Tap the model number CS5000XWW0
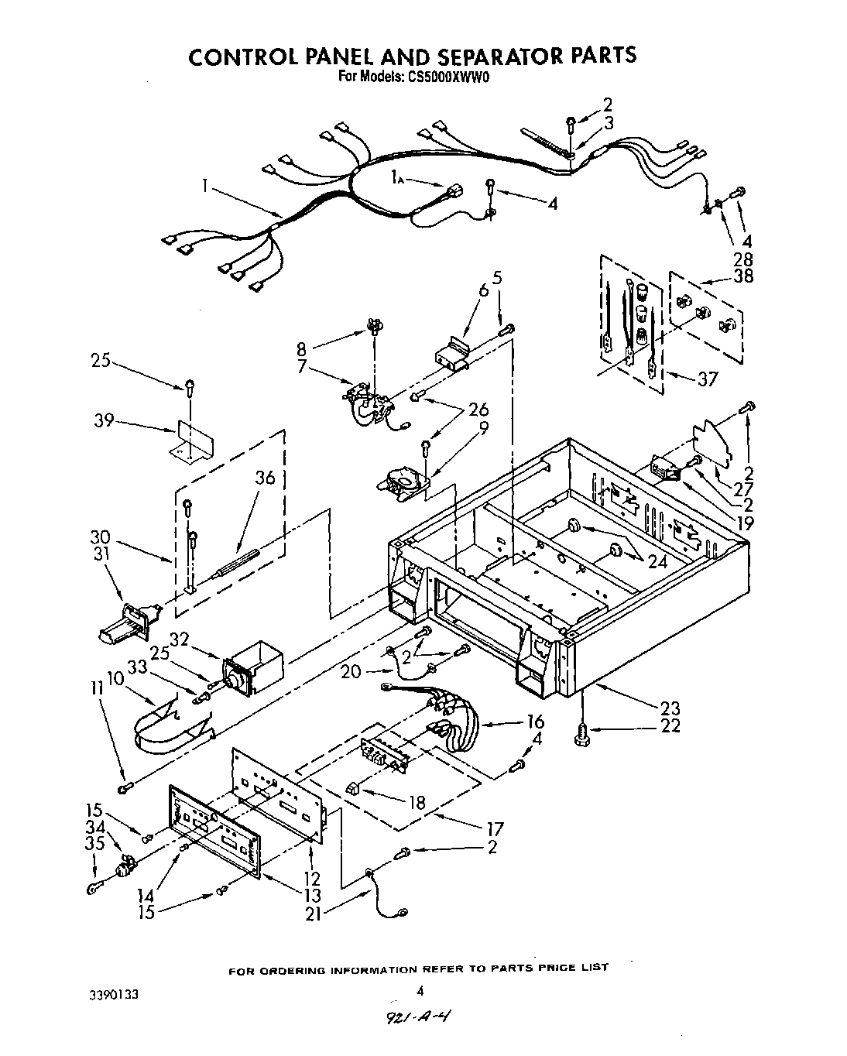446,77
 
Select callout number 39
104,420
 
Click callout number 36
265,478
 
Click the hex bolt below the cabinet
581,735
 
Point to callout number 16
535,722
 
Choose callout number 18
417,802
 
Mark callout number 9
484,427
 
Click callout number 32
179,639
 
